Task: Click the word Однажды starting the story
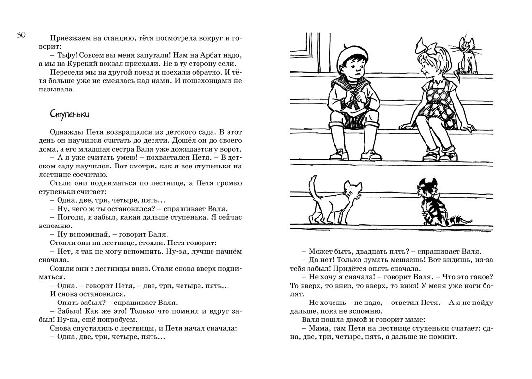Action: tap(66, 132)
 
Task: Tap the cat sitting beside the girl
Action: tap(466, 55)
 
